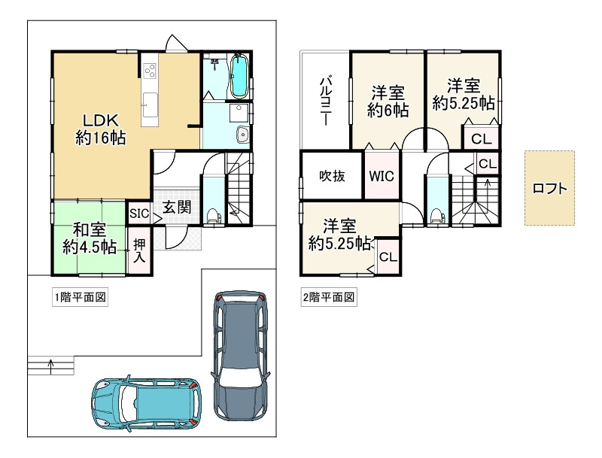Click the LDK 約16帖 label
101,129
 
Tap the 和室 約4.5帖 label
90,238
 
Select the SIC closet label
139,214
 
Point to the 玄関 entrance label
177,207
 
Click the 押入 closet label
139,251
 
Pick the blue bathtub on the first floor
239,76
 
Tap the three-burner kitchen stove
150,71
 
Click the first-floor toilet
212,216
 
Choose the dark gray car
240,355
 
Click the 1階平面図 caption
80,297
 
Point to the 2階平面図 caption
329,297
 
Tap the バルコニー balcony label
326,102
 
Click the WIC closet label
382,176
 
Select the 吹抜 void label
332,176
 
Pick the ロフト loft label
550,188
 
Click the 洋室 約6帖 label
388,102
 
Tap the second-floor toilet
436,216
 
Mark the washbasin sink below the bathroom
243,135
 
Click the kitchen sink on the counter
150,105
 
